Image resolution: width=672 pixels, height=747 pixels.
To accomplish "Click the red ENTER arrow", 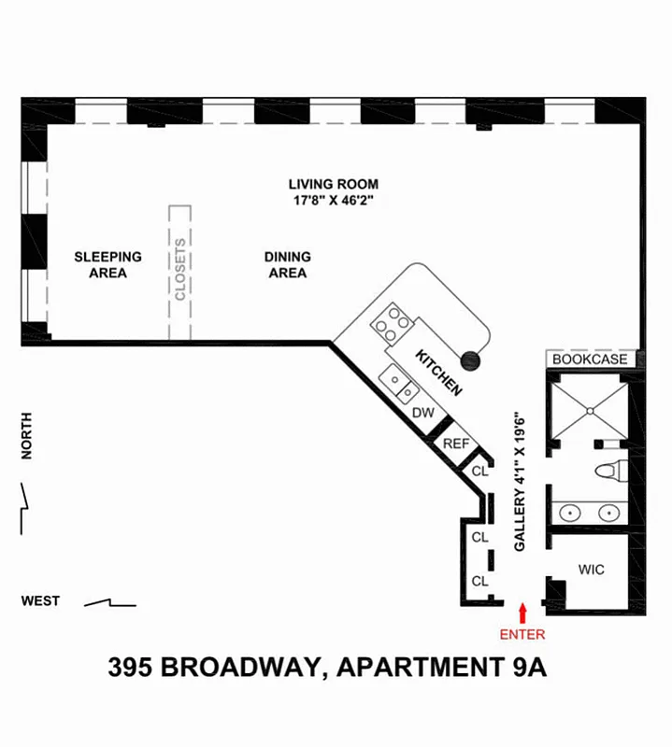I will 522,612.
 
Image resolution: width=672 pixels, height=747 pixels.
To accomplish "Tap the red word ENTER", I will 522,635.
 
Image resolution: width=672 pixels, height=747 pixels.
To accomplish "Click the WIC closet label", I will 591,570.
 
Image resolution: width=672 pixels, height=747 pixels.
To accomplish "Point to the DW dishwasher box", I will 422,412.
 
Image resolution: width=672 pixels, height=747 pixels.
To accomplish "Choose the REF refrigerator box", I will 455,444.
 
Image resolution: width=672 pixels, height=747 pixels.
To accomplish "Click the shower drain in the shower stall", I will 591,407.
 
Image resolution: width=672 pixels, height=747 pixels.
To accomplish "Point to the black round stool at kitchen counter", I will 471,358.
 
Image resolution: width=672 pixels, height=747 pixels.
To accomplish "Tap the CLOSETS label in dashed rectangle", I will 180,271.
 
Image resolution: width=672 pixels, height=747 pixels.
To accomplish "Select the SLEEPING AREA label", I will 108,264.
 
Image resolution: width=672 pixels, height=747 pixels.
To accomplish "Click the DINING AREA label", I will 288,264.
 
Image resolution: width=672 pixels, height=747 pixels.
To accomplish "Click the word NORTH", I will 27,436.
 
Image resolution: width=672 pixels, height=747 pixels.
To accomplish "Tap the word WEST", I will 41,601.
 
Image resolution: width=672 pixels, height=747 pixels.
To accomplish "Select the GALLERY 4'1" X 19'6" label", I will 521,482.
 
